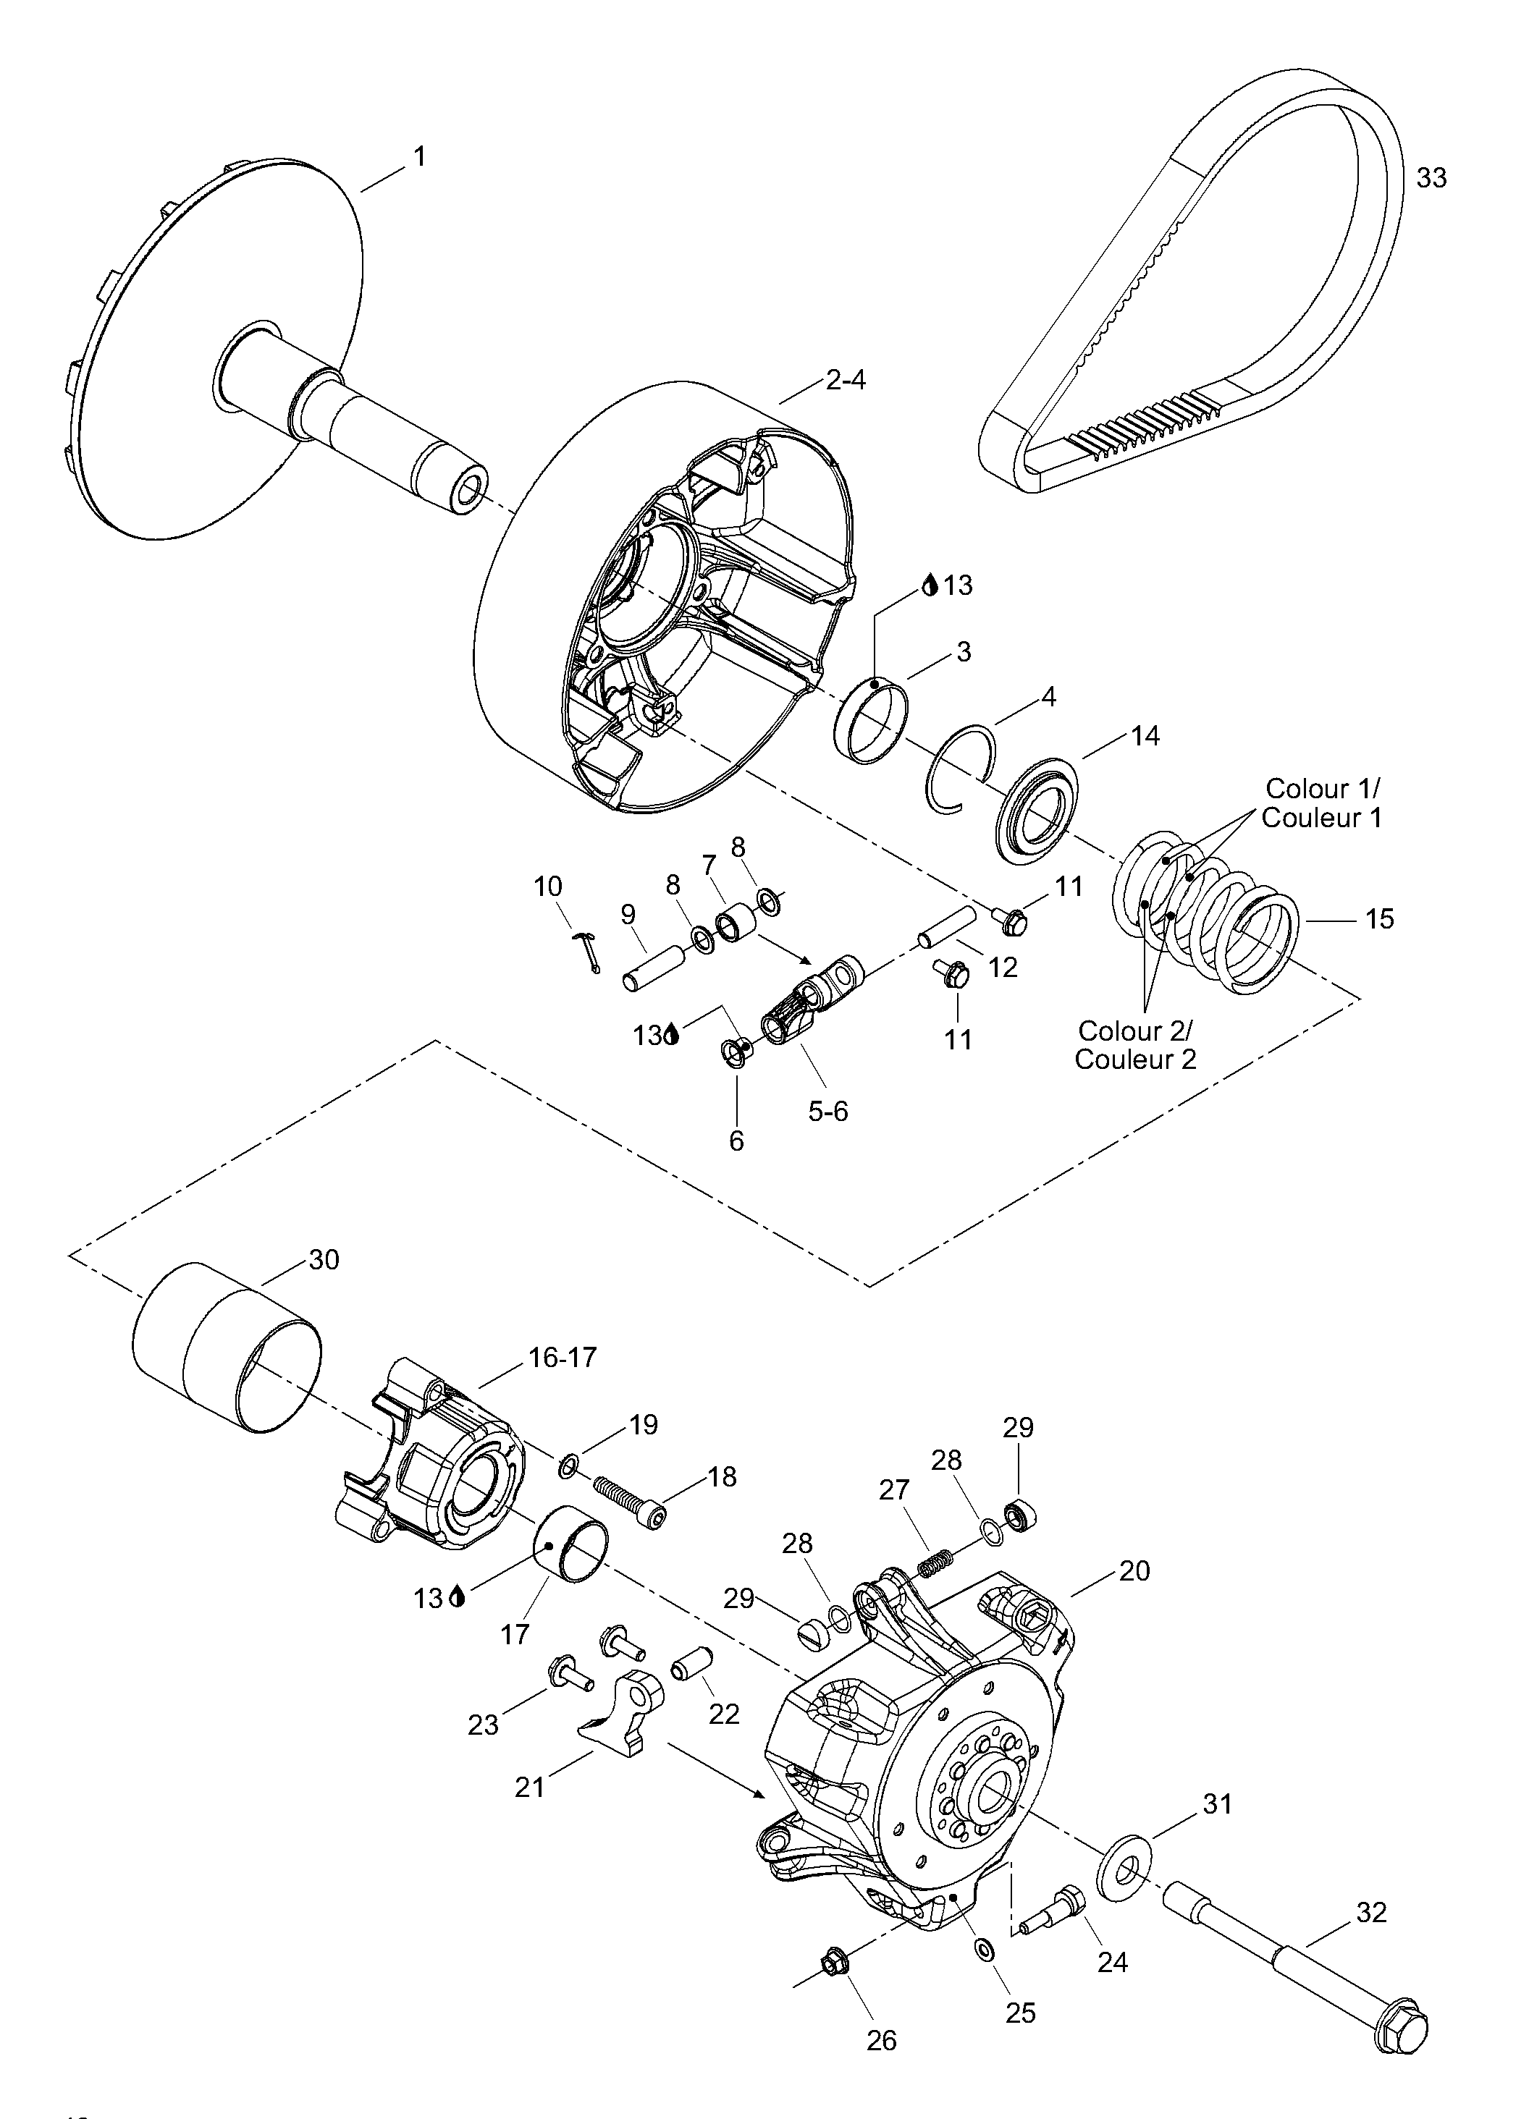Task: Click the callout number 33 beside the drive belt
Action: click(x=1431, y=177)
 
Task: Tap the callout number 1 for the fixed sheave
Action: click(x=420, y=157)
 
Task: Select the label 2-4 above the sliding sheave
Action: click(x=846, y=380)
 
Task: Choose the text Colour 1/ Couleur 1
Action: click(x=1320, y=803)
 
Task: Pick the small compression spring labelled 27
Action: click(x=935, y=1562)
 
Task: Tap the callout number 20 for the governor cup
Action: click(x=1134, y=1571)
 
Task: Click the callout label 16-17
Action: click(x=563, y=1357)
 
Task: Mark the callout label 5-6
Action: click(x=828, y=1111)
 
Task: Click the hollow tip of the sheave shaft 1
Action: click(x=466, y=492)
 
